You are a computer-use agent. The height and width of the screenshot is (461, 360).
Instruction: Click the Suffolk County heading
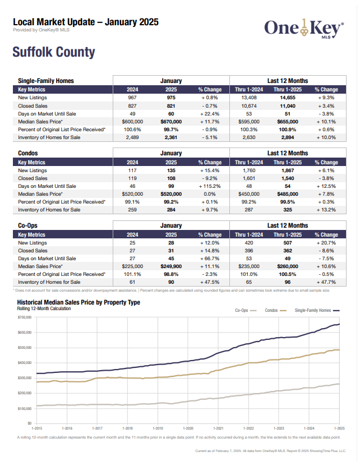54,53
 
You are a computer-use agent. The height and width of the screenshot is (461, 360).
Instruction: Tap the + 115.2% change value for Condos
210,186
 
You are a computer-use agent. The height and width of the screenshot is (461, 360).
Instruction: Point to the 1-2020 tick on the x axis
187,428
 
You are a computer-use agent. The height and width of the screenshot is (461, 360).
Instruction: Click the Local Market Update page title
85,22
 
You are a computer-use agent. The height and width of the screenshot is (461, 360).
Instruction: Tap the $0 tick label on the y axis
29,423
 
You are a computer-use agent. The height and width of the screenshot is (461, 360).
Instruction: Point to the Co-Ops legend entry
246,310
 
